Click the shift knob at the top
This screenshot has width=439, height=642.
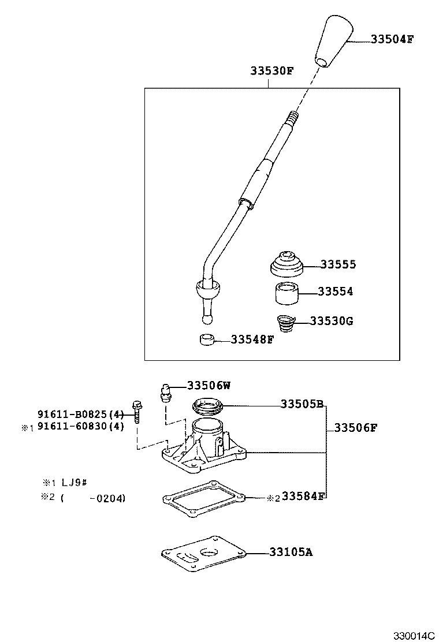333,40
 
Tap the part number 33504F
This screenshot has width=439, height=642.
392,40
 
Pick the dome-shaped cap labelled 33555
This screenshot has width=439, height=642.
287,263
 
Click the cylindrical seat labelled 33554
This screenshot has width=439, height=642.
285,293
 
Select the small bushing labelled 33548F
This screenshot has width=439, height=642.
207,339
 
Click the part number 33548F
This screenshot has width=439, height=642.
252,339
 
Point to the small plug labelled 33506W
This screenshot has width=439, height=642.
164,392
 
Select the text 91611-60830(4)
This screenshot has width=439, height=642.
81,427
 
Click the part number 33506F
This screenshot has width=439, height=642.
356,428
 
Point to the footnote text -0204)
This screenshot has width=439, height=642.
107,498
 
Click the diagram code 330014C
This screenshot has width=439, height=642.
413,636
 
